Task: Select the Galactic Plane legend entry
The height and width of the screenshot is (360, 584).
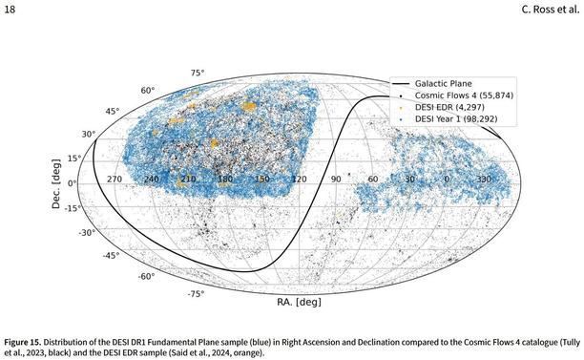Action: (445, 84)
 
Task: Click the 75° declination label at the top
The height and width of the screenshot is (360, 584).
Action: (198, 73)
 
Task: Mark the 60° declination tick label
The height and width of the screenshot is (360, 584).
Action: (148, 91)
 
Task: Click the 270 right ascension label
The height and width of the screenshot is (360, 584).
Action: (115, 179)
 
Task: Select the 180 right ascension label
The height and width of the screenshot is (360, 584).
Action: (224, 179)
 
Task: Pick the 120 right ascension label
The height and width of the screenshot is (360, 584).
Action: (299, 179)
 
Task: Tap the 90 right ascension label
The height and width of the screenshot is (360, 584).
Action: (336, 179)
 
